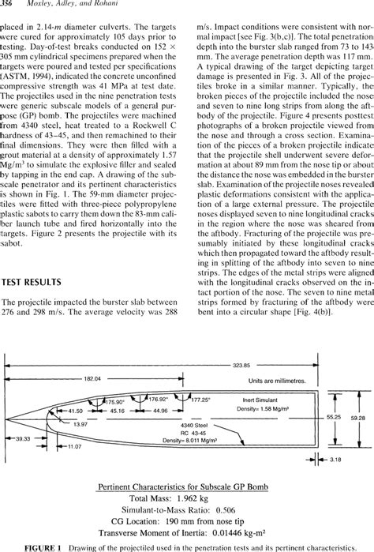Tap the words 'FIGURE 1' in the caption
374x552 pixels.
[x=28, y=546]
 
